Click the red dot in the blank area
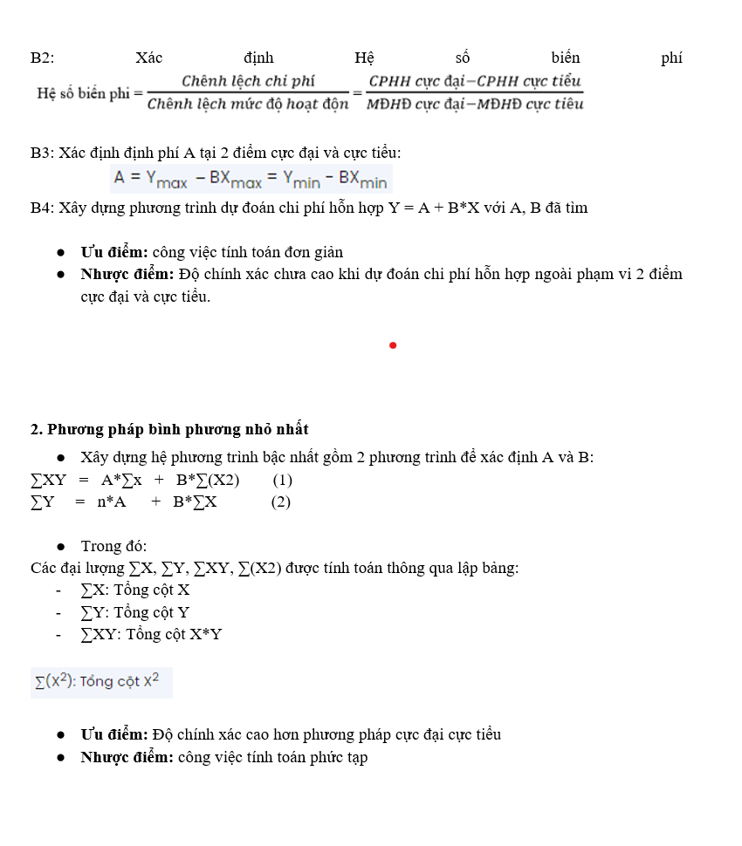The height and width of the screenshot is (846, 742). tap(393, 345)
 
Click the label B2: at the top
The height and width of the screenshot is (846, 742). tap(42, 58)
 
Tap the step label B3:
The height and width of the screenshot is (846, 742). tap(42, 154)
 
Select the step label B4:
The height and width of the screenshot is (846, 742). tap(42, 208)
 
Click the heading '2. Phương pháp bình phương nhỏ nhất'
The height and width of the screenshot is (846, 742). tap(169, 429)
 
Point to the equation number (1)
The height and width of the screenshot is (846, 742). tap(282, 480)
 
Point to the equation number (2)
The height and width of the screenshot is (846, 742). tap(280, 501)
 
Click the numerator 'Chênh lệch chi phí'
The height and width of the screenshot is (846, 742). tap(248, 82)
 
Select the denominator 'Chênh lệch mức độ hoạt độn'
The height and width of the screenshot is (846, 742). tap(248, 105)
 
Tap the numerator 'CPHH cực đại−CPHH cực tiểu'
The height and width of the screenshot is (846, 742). tap(475, 82)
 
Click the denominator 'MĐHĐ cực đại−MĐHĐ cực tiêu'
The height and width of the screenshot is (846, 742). tap(475, 105)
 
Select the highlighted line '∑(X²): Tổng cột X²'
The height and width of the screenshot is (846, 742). tap(101, 682)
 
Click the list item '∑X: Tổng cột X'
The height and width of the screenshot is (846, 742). tap(135, 590)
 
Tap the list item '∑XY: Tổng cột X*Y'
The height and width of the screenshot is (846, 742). tap(151, 635)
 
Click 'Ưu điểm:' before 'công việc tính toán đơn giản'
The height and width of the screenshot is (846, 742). tap(114, 253)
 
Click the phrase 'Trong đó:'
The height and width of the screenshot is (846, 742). tap(113, 547)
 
